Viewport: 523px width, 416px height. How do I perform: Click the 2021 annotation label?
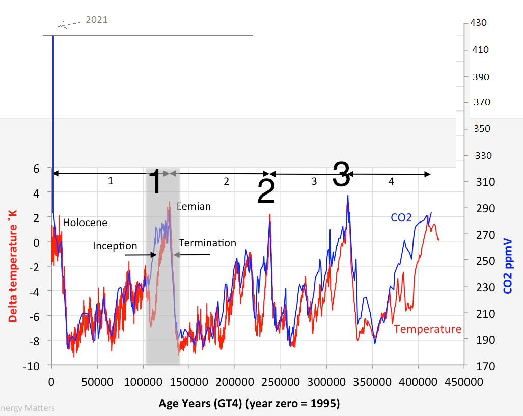click(97, 20)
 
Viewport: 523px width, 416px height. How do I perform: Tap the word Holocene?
click(85, 223)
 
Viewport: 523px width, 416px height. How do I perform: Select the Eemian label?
click(194, 206)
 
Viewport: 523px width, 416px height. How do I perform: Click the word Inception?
click(115, 246)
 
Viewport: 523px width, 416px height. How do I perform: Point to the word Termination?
click(207, 243)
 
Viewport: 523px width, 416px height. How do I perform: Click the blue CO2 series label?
click(401, 217)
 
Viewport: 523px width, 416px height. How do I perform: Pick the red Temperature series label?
click(428, 329)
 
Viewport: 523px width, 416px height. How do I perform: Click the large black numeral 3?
click(342, 174)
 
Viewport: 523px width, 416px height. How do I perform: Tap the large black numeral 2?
click(266, 191)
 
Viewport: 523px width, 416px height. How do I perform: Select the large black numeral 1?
click(155, 181)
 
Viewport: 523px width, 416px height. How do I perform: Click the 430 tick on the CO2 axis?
click(478, 23)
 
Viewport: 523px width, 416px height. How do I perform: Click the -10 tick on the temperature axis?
click(31, 366)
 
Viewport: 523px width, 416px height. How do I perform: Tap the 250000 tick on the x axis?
click(281, 382)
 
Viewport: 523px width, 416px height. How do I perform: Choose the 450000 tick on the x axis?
click(463, 382)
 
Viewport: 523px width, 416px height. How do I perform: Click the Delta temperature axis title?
click(12, 266)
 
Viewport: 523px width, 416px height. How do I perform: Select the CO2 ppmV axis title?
click(507, 266)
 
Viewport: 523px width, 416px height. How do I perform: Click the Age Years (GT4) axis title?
click(249, 403)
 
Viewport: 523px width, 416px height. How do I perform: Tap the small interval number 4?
click(391, 181)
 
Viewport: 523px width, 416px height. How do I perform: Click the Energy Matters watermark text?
click(27, 408)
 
